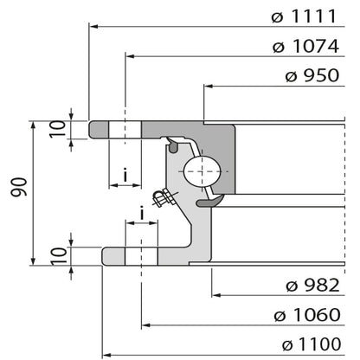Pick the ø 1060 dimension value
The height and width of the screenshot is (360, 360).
pyautogui.click(x=307, y=314)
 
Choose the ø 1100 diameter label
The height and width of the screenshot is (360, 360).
pyautogui.click(x=307, y=343)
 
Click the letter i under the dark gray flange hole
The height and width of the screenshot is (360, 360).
pyautogui.click(x=126, y=177)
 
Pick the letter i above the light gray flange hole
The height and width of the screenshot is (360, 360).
pyautogui.click(x=141, y=213)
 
